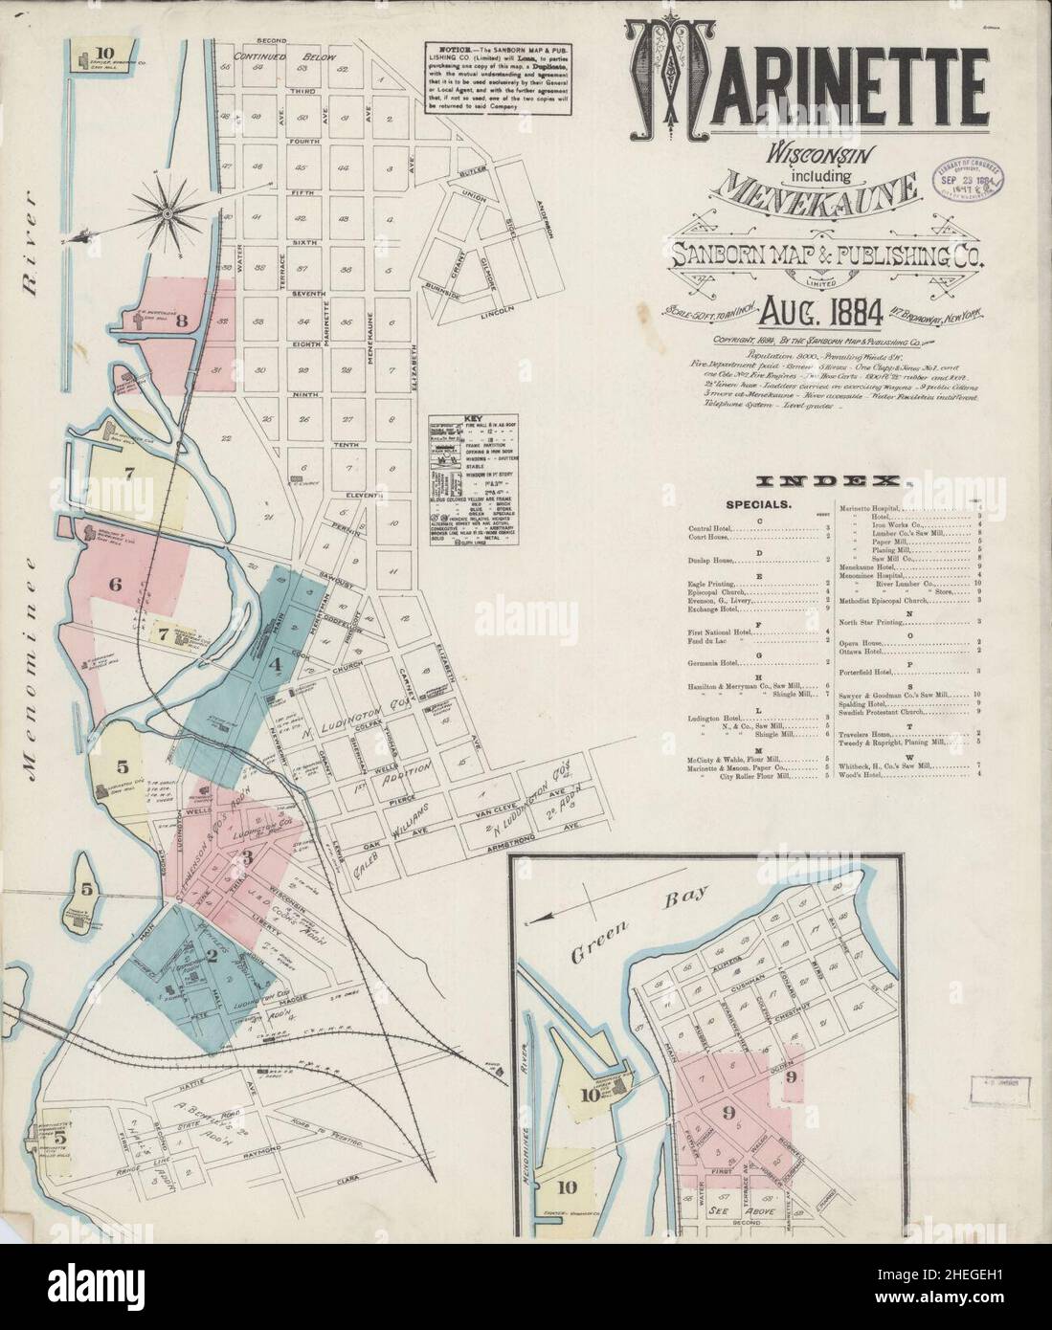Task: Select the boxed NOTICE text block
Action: click(x=488, y=78)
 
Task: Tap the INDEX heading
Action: click(x=828, y=481)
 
